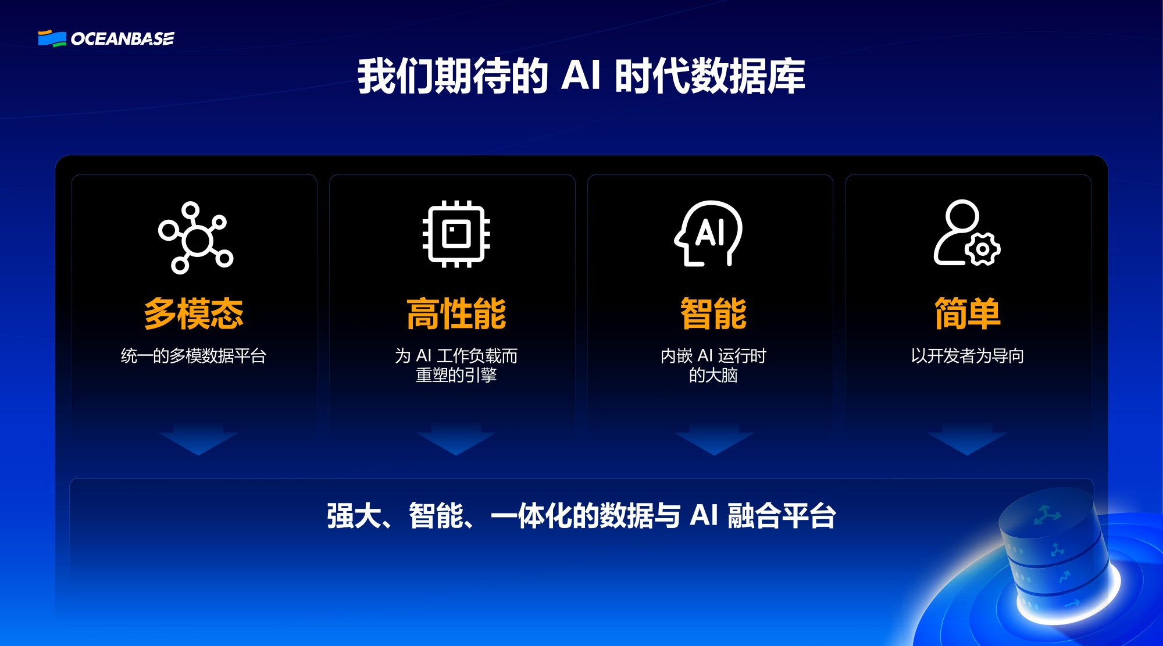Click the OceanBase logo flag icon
coord(52,38)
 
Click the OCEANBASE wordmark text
coord(123,39)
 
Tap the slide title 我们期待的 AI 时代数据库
coord(581,76)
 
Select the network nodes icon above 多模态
coord(196,237)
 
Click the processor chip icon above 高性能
coord(456,234)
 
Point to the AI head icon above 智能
coord(709,234)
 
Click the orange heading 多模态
coord(194,313)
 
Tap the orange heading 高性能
coord(456,313)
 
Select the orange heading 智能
coord(714,313)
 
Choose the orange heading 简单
coord(967,313)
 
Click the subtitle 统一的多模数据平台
coord(194,356)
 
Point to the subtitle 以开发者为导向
coord(967,356)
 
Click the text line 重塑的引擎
coord(456,376)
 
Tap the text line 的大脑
coord(714,376)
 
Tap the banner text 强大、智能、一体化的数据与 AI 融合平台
coord(581,516)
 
